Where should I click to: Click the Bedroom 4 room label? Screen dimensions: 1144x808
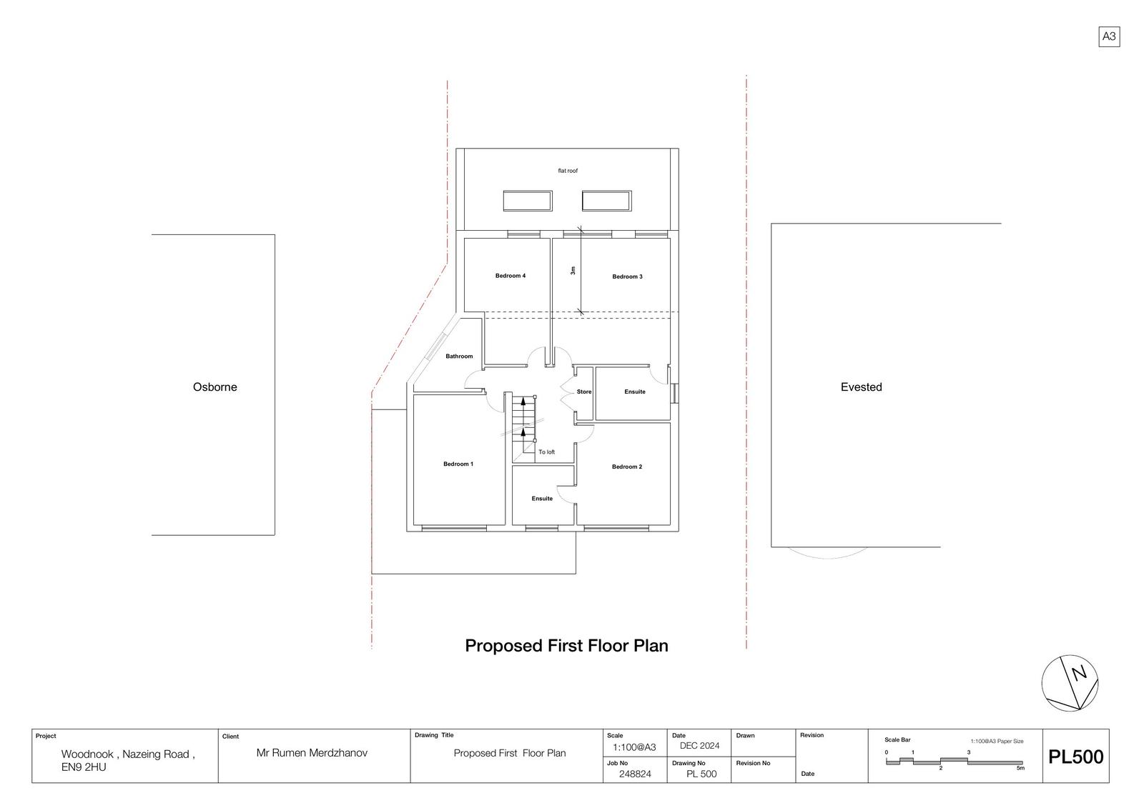[511, 276]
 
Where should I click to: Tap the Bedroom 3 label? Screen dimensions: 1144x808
[627, 276]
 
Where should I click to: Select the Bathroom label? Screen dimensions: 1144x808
[459, 356]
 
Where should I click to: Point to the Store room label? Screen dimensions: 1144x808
[583, 392]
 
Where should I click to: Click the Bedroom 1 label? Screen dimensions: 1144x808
[458, 464]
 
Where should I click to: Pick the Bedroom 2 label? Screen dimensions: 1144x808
[627, 467]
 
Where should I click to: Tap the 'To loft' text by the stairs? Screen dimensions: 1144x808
[546, 452]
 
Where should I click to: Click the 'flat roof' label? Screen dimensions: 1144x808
[568, 171]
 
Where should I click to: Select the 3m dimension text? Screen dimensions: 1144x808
[573, 271]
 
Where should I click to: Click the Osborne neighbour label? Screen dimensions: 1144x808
[215, 387]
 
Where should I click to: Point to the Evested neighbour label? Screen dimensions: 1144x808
[861, 387]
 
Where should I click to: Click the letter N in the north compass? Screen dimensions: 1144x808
[1079, 674]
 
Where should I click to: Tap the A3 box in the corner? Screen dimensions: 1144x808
[1109, 36]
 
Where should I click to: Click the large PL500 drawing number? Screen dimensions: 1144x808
[1076, 757]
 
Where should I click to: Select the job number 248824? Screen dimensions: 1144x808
[635, 774]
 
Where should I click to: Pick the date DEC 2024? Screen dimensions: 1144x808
[700, 746]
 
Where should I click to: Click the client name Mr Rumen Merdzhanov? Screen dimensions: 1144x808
[312, 753]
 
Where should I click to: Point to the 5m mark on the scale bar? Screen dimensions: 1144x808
[1020, 768]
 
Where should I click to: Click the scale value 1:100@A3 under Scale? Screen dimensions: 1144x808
[634, 748]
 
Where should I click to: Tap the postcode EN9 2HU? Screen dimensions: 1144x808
[84, 767]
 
